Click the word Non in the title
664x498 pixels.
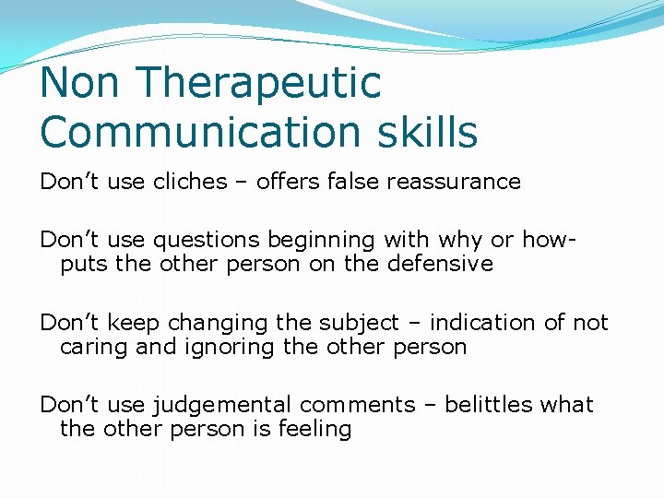81,83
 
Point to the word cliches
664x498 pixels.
194,182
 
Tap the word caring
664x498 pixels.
94,348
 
